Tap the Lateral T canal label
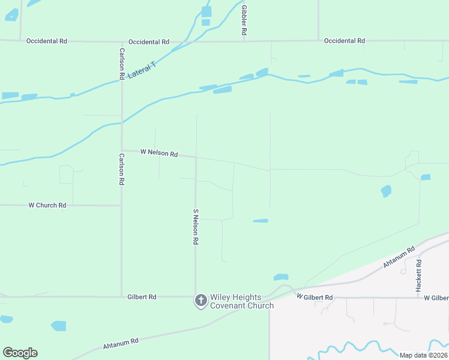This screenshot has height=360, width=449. [x=142, y=71]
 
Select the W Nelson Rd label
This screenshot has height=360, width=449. [x=159, y=154]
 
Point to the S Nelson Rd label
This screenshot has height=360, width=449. [x=196, y=227]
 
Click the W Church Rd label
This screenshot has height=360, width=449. [x=47, y=205]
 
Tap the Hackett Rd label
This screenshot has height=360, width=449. [x=418, y=276]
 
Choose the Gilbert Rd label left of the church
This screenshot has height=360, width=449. [x=142, y=297]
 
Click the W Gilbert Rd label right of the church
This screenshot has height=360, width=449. [x=315, y=298]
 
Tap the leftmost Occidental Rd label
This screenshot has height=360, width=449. [x=47, y=41]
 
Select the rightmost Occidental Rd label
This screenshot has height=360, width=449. [x=344, y=41]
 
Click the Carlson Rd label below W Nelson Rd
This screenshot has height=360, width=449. [x=121, y=169]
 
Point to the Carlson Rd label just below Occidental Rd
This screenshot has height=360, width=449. [x=122, y=64]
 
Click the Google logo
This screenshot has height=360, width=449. [x=20, y=353]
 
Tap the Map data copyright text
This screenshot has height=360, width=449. [x=423, y=355]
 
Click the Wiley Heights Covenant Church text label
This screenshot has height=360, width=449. [x=241, y=301]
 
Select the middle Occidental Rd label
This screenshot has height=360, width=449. [x=148, y=42]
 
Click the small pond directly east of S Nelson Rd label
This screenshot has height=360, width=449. [x=261, y=221]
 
